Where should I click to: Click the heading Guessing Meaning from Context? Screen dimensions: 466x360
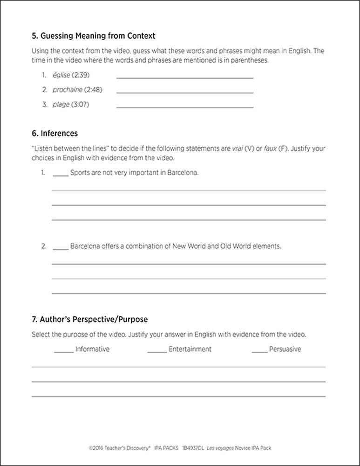(x=93, y=35)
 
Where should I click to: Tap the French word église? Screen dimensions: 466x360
(x=61, y=75)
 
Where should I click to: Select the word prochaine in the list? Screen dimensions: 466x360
(x=68, y=89)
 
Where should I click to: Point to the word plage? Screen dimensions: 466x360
(x=61, y=104)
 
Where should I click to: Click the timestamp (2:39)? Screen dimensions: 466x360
(x=81, y=75)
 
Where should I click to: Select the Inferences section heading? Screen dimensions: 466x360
(x=54, y=134)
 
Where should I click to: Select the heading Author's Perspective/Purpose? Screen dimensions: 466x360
(x=89, y=320)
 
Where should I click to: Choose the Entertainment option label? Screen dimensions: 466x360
(x=190, y=349)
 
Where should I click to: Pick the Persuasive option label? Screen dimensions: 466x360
(x=285, y=349)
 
